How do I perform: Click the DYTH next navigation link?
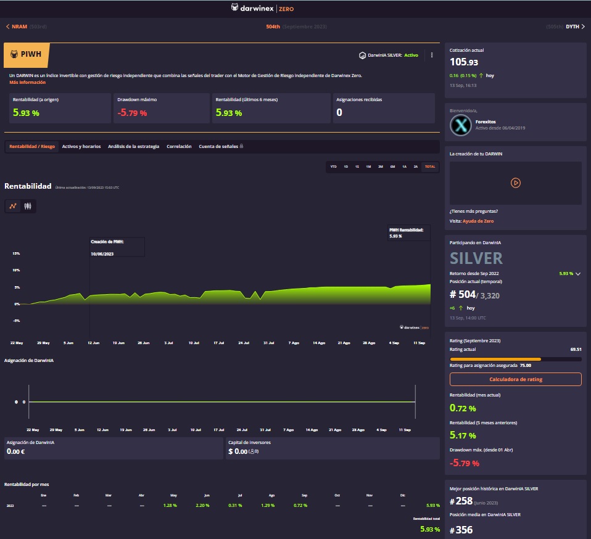[x=574, y=27]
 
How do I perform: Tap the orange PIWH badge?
[x=26, y=55]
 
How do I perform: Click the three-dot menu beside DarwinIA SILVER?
[x=432, y=55]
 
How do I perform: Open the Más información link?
[x=27, y=82]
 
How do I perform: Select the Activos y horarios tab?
[x=81, y=147]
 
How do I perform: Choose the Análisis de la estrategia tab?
[x=133, y=147]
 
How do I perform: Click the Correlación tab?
[x=179, y=147]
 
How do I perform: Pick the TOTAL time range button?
[x=430, y=167]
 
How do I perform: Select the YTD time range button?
[x=334, y=167]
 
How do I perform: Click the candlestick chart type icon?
[x=28, y=207]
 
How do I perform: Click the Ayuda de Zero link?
[x=478, y=221]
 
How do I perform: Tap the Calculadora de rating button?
[x=515, y=379]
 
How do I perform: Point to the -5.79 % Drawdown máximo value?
[x=133, y=113]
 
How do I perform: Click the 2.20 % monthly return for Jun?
[x=202, y=506]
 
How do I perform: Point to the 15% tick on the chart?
[x=16, y=253]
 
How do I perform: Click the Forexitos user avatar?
[x=460, y=125]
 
